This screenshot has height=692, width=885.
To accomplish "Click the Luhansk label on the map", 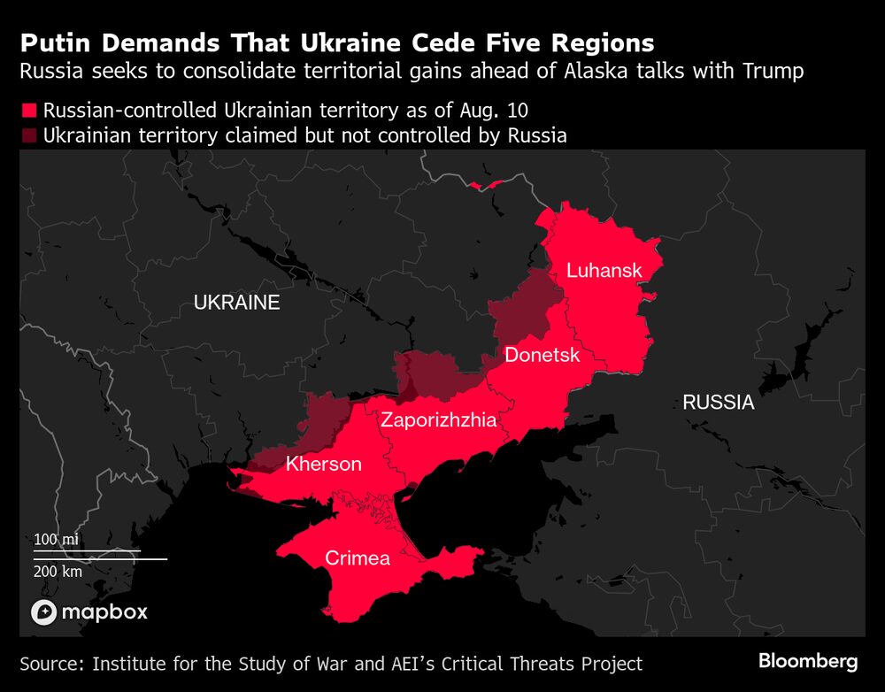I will click(604, 271).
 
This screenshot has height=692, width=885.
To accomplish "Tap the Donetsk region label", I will click(542, 355).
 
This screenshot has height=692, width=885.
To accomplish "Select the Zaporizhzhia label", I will click(438, 420).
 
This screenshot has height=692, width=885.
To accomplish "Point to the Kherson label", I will click(323, 464).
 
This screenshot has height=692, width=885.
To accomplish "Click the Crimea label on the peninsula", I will click(358, 558).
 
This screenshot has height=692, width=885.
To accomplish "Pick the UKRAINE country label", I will click(236, 303).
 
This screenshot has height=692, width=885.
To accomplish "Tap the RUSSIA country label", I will click(718, 403).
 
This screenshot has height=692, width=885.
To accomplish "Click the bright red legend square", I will click(29, 111).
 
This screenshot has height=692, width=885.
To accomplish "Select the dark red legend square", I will click(29, 135).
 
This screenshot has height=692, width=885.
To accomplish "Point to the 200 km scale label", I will click(58, 571).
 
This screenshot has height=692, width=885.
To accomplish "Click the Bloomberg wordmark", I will click(807, 661).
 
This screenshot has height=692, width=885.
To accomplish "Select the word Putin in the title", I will click(51, 43).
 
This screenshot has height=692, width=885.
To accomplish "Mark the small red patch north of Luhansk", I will click(486, 185).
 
